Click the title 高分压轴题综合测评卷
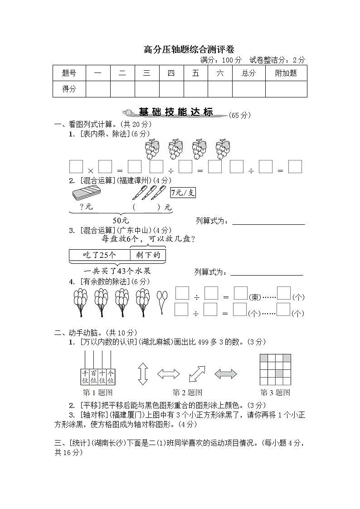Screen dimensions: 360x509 [180, 49]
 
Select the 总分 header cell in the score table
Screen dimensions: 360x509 [248, 73]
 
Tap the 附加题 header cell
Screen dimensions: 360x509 [286, 73]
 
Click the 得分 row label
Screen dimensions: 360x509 [69, 89]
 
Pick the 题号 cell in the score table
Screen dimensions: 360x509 [69, 73]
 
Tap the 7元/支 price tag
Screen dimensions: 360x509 [183, 193]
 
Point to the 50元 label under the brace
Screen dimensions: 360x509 [121, 220]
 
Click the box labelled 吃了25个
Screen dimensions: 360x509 [99, 255]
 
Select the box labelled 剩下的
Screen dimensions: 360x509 [148, 255]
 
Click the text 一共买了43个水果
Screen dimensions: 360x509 [117, 271]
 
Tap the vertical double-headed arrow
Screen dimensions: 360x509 [143, 374]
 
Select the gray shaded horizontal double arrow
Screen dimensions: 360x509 [225, 374]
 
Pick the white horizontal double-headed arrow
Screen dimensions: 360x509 [169, 374]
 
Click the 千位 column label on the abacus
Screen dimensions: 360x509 [85, 377]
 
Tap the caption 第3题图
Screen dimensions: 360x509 [275, 393]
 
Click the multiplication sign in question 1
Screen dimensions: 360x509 [90, 170]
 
